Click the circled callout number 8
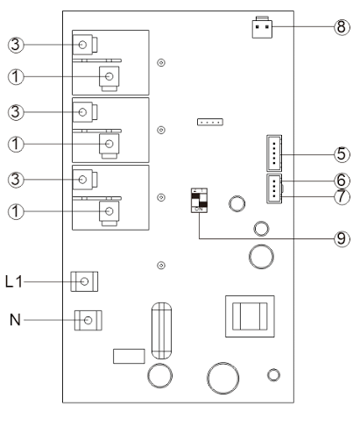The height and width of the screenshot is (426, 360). pyautogui.click(x=342, y=27)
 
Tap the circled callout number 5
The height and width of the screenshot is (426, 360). pyautogui.click(x=342, y=154)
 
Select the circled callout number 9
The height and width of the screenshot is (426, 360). pyautogui.click(x=342, y=238)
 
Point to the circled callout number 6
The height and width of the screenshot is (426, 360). pyautogui.click(x=342, y=181)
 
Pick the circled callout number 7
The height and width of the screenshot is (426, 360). pyautogui.click(x=342, y=196)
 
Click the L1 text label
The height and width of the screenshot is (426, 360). pyautogui.click(x=14, y=281)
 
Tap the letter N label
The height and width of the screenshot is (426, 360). pyautogui.click(x=15, y=320)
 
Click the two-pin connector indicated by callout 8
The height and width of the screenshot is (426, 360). pyautogui.click(x=262, y=27)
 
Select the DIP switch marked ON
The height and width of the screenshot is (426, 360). pyautogui.click(x=199, y=200)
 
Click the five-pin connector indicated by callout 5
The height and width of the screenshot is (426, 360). pyautogui.click(x=274, y=153)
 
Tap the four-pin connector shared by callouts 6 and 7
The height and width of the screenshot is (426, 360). pyautogui.click(x=274, y=188)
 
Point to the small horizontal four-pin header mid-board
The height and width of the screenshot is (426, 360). pyautogui.click(x=210, y=122)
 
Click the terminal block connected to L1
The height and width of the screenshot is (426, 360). pyautogui.click(x=84, y=281)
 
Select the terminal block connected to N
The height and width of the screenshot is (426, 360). pyautogui.click(x=88, y=320)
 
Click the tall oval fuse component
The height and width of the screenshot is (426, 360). pyautogui.click(x=161, y=330)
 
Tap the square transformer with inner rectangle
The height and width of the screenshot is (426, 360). pyautogui.click(x=250, y=316)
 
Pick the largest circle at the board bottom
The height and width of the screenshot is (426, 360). pyautogui.click(x=223, y=378)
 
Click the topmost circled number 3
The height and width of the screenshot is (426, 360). pyautogui.click(x=16, y=45)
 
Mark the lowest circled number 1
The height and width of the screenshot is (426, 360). pyautogui.click(x=16, y=211)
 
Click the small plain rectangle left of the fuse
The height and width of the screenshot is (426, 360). pyautogui.click(x=129, y=356)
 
